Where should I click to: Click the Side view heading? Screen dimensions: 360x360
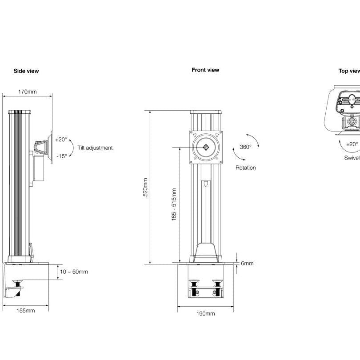click(x=26, y=71)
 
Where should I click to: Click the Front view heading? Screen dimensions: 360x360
click(x=205, y=70)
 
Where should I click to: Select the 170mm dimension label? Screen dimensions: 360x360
click(x=27, y=92)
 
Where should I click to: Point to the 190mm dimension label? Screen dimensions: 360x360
click(x=205, y=314)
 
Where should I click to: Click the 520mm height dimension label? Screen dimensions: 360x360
click(x=145, y=187)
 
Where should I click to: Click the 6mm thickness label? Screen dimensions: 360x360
click(x=247, y=263)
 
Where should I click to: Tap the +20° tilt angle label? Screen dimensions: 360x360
click(x=61, y=139)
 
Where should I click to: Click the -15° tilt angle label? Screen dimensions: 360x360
click(x=61, y=156)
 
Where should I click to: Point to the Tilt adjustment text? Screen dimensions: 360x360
click(x=95, y=148)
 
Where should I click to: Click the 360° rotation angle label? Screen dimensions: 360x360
click(x=245, y=147)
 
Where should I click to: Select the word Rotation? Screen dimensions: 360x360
click(x=245, y=168)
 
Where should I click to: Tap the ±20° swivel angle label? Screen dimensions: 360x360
click(x=352, y=144)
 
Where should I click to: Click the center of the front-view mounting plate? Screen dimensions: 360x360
click(x=206, y=147)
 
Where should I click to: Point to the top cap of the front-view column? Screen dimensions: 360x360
click(x=206, y=112)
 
